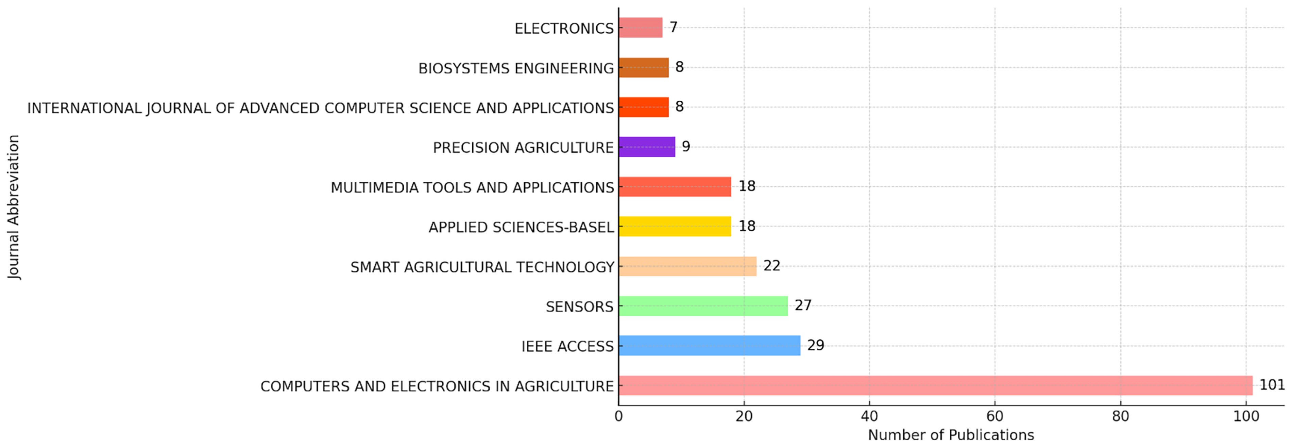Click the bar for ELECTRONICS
[641, 28]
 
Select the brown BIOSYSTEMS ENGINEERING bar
[644, 67]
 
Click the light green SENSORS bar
[703, 306]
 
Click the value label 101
[1272, 385]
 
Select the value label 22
[772, 266]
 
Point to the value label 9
[686, 147]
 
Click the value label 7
[674, 27]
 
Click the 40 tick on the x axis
[869, 416]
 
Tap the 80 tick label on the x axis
[1120, 416]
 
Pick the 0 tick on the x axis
[619, 416]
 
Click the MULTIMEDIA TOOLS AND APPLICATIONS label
[472, 188]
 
